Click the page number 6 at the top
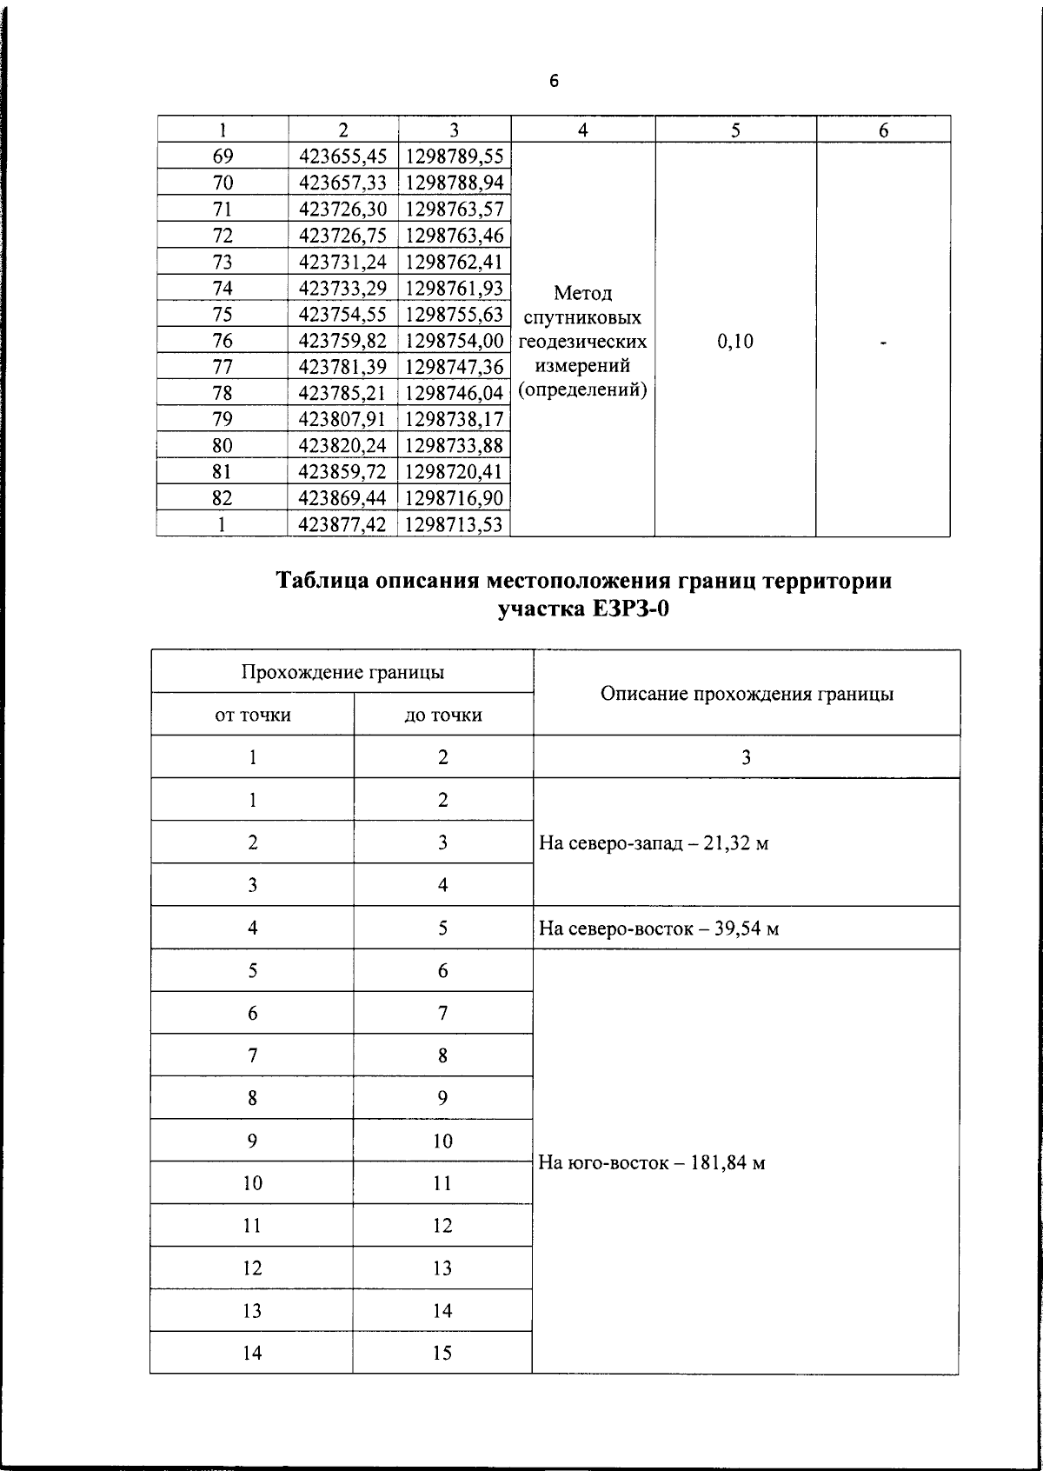click(554, 82)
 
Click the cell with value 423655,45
click(342, 156)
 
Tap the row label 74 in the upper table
click(223, 288)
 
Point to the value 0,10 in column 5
click(735, 342)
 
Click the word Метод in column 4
click(582, 293)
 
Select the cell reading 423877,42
click(342, 525)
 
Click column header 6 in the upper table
click(883, 130)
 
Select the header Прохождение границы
click(342, 672)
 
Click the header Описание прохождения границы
click(747, 694)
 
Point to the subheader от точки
click(252, 716)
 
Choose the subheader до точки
click(443, 716)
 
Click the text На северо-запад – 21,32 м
click(654, 843)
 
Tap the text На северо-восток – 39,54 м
click(658, 929)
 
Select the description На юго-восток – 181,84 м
click(652, 1163)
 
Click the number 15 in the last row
click(442, 1353)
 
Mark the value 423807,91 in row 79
click(342, 420)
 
